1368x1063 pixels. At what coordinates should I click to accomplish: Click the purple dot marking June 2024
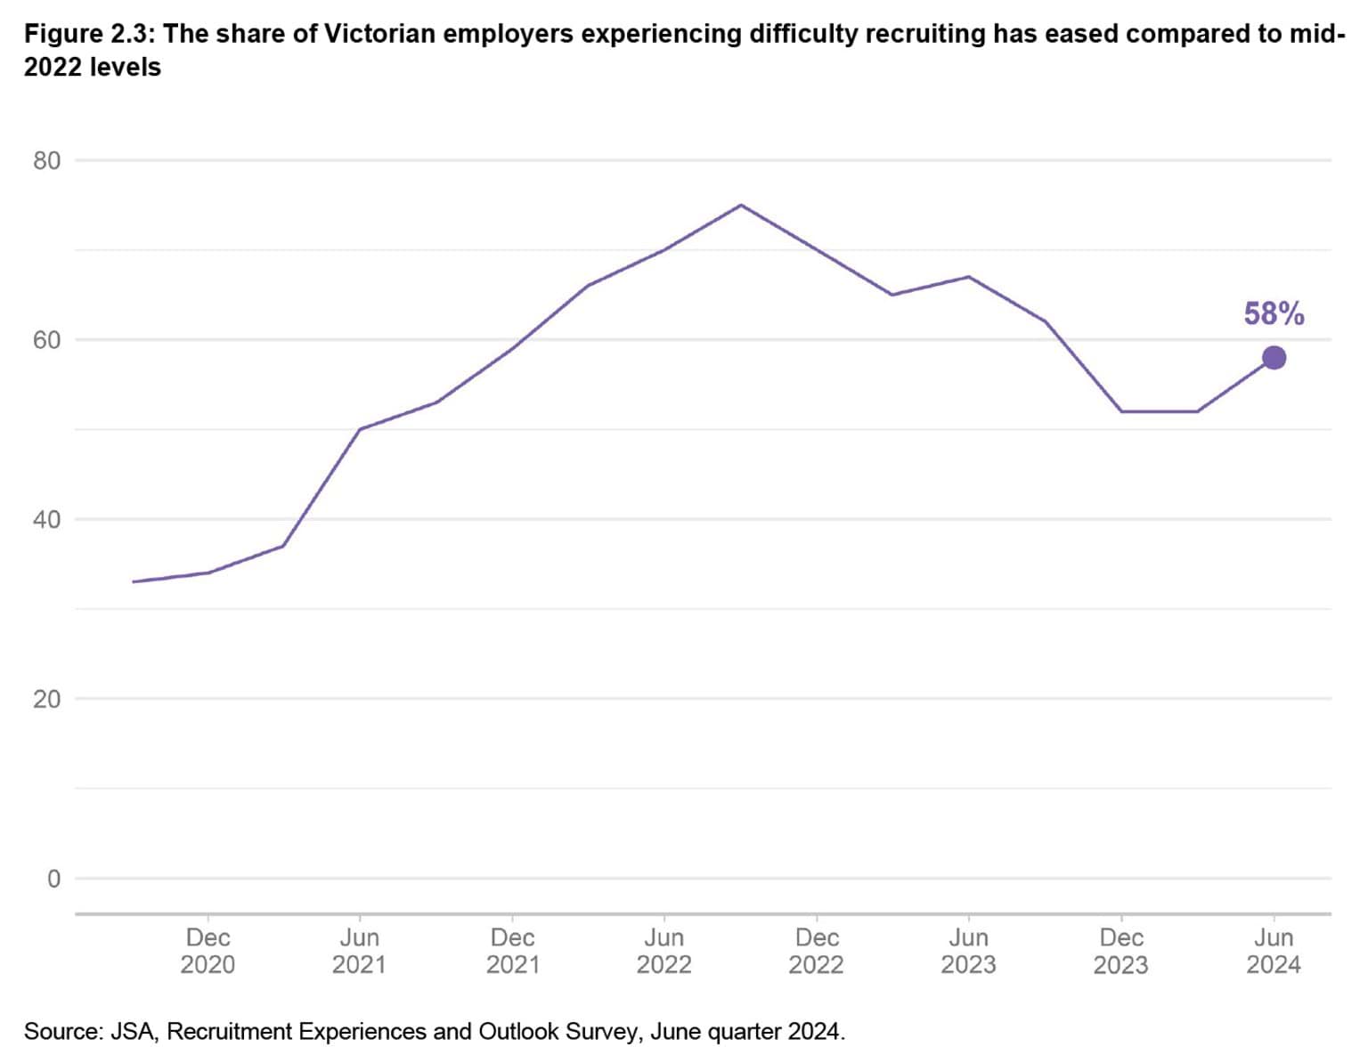(1274, 358)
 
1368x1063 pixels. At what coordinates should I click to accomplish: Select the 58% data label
(1274, 314)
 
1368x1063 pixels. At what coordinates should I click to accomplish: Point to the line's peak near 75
(741, 206)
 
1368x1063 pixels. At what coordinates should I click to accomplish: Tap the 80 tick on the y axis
(47, 161)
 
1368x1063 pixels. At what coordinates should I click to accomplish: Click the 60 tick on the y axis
(47, 340)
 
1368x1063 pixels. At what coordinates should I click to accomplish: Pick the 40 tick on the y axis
(47, 520)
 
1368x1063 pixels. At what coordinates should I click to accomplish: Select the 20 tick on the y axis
(47, 699)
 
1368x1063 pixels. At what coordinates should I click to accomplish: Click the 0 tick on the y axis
(53, 879)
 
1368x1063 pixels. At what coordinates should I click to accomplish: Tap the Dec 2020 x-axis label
(208, 951)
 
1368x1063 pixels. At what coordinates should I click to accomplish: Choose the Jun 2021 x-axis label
(359, 951)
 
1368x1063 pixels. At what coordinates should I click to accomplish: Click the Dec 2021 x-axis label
(512, 951)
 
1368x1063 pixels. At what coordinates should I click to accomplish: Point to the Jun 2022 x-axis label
(664, 951)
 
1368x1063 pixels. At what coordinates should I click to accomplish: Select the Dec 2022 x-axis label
(817, 951)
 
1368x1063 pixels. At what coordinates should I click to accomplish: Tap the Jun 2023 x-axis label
(968, 951)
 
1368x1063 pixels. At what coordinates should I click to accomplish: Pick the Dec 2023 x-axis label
(1121, 951)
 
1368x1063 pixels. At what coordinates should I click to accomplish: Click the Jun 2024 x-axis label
(1274, 951)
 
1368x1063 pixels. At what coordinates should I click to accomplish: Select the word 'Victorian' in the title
(379, 35)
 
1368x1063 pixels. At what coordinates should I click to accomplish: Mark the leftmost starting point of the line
(133, 581)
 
